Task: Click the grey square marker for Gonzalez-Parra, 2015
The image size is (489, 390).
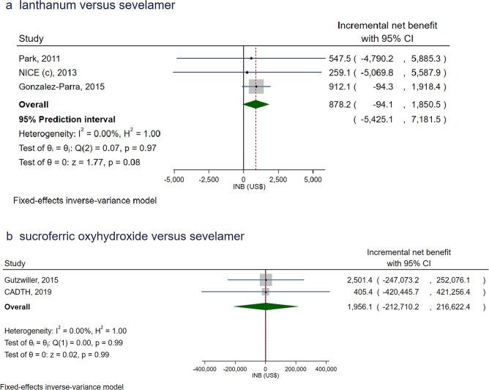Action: click(256, 87)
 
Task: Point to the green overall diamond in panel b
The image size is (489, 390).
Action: click(265, 305)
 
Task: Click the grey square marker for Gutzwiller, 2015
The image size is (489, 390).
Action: click(265, 279)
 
